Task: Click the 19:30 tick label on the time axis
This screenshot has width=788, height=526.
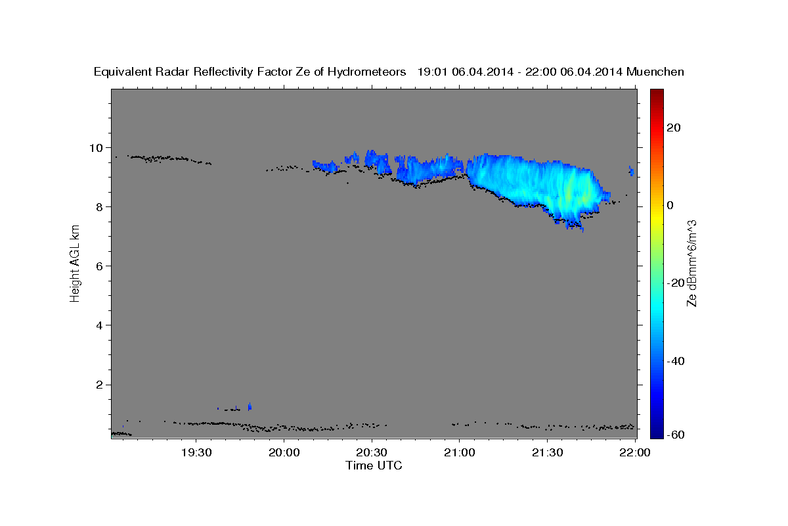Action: click(196, 452)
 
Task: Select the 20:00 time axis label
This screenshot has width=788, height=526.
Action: click(284, 452)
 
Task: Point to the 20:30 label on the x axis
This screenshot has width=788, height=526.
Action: click(372, 452)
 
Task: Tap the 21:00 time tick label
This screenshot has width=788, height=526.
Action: click(460, 452)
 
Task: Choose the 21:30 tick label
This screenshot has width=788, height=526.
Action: click(548, 452)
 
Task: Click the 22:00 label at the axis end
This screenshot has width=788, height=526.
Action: click(635, 452)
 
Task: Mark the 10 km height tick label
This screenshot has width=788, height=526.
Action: click(96, 148)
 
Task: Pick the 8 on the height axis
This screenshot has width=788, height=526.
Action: click(100, 207)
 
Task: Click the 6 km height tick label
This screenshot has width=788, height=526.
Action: click(100, 266)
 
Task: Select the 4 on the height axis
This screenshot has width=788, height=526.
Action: click(100, 325)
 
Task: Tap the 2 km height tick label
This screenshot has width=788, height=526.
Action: click(100, 385)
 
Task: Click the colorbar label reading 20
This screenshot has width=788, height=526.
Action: click(674, 128)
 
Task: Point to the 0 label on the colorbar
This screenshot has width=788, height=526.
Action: click(670, 205)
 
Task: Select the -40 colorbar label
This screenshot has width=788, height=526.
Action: click(676, 361)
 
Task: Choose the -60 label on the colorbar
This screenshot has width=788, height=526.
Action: click(676, 435)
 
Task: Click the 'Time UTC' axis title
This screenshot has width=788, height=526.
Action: click(374, 466)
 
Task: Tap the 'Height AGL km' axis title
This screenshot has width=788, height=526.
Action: click(75, 264)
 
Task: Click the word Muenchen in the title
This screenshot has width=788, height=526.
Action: click(655, 72)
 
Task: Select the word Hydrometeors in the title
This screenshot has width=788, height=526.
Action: click(366, 72)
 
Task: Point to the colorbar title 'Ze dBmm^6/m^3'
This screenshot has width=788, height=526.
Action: click(691, 264)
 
